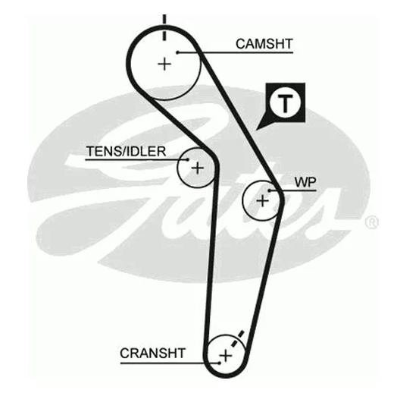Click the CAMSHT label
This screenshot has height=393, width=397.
[x=264, y=44]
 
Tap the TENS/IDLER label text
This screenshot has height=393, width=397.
[x=126, y=152]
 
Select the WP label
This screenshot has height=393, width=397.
[x=305, y=182]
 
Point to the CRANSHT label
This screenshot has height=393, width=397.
[x=153, y=354]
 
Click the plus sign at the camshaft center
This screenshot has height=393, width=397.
[x=164, y=64]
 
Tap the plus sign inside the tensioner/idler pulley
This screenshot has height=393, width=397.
[x=197, y=168]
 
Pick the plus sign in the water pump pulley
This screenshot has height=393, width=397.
[x=263, y=201]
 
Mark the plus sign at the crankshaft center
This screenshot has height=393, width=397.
[x=225, y=356]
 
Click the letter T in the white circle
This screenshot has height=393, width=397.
[x=285, y=104]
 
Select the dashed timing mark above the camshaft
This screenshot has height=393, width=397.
[x=164, y=27]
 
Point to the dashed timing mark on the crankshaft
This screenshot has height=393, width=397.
[x=237, y=338]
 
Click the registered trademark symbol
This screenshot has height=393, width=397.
[x=371, y=222]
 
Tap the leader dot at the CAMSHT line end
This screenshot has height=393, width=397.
[x=178, y=52]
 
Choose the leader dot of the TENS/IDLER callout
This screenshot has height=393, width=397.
[x=188, y=159]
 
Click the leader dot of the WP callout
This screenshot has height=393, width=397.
[x=270, y=190]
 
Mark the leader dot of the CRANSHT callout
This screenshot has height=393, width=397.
[x=220, y=363]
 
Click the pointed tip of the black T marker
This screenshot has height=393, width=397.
[x=256, y=130]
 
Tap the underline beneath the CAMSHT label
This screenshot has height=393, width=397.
[x=235, y=53]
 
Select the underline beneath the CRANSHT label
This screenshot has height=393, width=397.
[x=170, y=363]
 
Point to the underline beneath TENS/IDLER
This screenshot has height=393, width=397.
[x=136, y=160]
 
